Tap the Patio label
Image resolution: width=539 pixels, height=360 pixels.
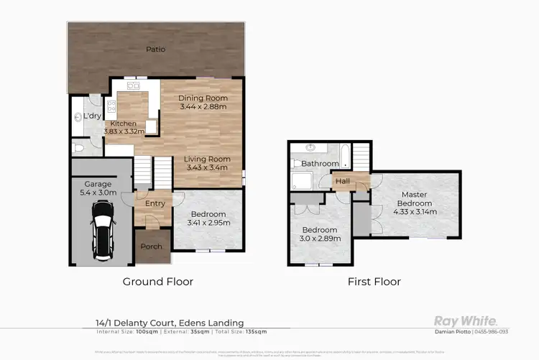click(x=156, y=50)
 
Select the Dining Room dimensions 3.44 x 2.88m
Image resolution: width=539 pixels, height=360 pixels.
click(x=203, y=107)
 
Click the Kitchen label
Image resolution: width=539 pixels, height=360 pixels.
click(x=123, y=124)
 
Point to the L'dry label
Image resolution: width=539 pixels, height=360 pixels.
click(x=92, y=116)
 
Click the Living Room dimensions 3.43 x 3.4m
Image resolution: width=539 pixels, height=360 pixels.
click(x=206, y=168)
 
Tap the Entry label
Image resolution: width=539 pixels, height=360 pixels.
click(x=155, y=203)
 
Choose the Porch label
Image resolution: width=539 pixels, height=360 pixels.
click(x=151, y=246)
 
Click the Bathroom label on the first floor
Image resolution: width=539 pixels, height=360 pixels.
click(x=320, y=164)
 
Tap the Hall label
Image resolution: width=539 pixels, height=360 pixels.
click(x=343, y=181)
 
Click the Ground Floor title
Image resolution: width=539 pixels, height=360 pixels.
click(x=157, y=282)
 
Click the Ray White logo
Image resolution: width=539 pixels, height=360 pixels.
click(x=465, y=320)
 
